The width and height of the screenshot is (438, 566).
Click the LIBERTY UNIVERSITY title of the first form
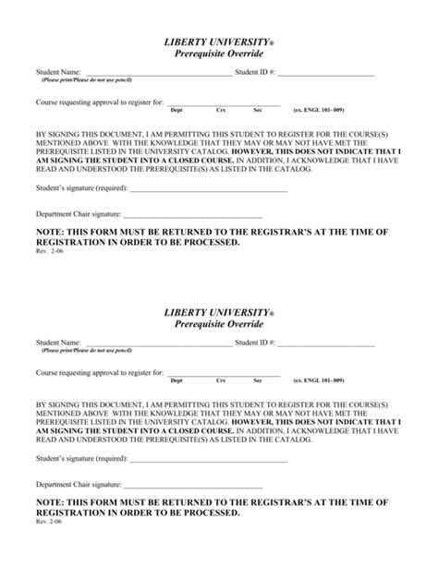218,42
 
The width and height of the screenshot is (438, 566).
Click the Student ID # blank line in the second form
326,344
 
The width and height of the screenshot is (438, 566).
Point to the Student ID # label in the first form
255,71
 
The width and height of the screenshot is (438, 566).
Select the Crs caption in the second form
221,380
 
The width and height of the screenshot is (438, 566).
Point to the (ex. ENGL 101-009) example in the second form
318,380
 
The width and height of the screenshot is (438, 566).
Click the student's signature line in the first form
209,190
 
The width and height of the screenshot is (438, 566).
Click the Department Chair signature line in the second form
204,485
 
